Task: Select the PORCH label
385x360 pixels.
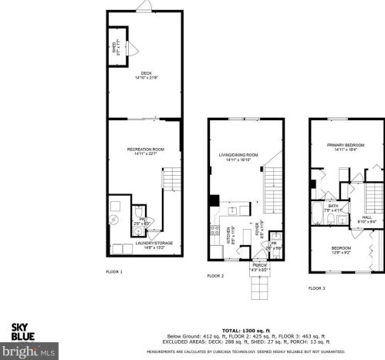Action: pyautogui.click(x=258, y=266)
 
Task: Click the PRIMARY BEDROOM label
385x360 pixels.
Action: pyautogui.click(x=344, y=146)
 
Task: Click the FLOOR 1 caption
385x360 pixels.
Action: pyautogui.click(x=113, y=272)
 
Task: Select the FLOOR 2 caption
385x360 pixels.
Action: pyautogui.click(x=215, y=276)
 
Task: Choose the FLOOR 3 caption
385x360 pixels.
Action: pyautogui.click(x=316, y=287)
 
